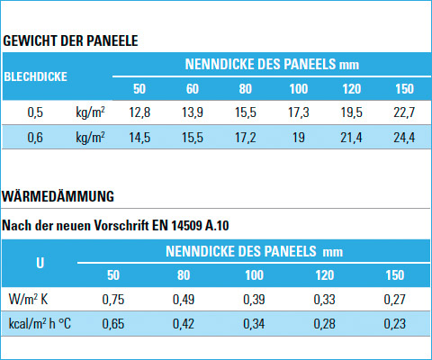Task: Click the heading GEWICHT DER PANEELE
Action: pos(70,40)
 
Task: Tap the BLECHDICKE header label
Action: pos(35,76)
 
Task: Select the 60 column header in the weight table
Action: pos(193,89)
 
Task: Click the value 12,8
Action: pos(139,112)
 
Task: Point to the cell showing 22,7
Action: pos(404,112)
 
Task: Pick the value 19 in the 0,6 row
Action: pos(299,138)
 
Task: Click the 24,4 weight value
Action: pos(404,138)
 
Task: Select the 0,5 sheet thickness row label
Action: pos(35,112)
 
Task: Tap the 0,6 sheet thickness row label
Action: pos(35,138)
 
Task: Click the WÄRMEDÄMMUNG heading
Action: pos(58,196)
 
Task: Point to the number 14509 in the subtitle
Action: pos(186,226)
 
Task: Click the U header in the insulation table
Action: pos(40,263)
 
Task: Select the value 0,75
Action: pos(113,300)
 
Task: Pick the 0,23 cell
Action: pos(395,324)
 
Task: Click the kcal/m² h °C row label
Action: pos(40,324)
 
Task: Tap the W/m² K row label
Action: pos(28,299)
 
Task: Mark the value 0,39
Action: pos(254,300)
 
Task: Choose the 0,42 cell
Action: pos(184,324)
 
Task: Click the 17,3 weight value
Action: pos(299,112)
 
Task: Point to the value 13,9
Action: pos(193,112)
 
